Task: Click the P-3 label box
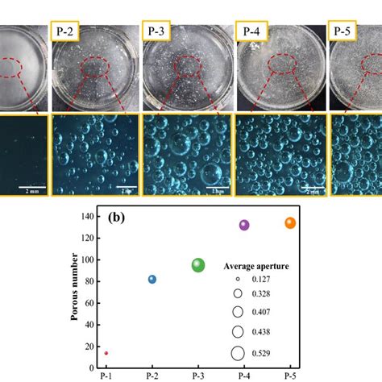point(158,31)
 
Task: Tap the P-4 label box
point(248,31)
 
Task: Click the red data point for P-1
point(106,353)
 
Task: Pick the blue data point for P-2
point(152,279)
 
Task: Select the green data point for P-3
point(198,265)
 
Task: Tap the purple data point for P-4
point(244,225)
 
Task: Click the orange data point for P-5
point(290,223)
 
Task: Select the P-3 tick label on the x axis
point(198,376)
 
